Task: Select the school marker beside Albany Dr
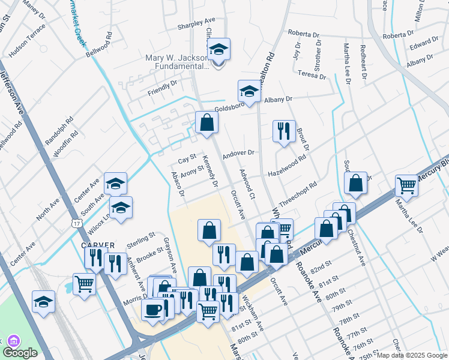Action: [x=249, y=91]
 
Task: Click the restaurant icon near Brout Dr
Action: [x=284, y=130]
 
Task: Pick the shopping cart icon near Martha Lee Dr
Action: [x=407, y=185]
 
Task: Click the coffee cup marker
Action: [x=152, y=309]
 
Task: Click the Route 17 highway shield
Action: [x=76, y=223]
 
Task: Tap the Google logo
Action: [x=20, y=353]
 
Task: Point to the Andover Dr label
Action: [x=238, y=154]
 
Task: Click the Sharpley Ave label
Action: [x=196, y=26]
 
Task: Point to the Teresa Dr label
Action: [x=312, y=76]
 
